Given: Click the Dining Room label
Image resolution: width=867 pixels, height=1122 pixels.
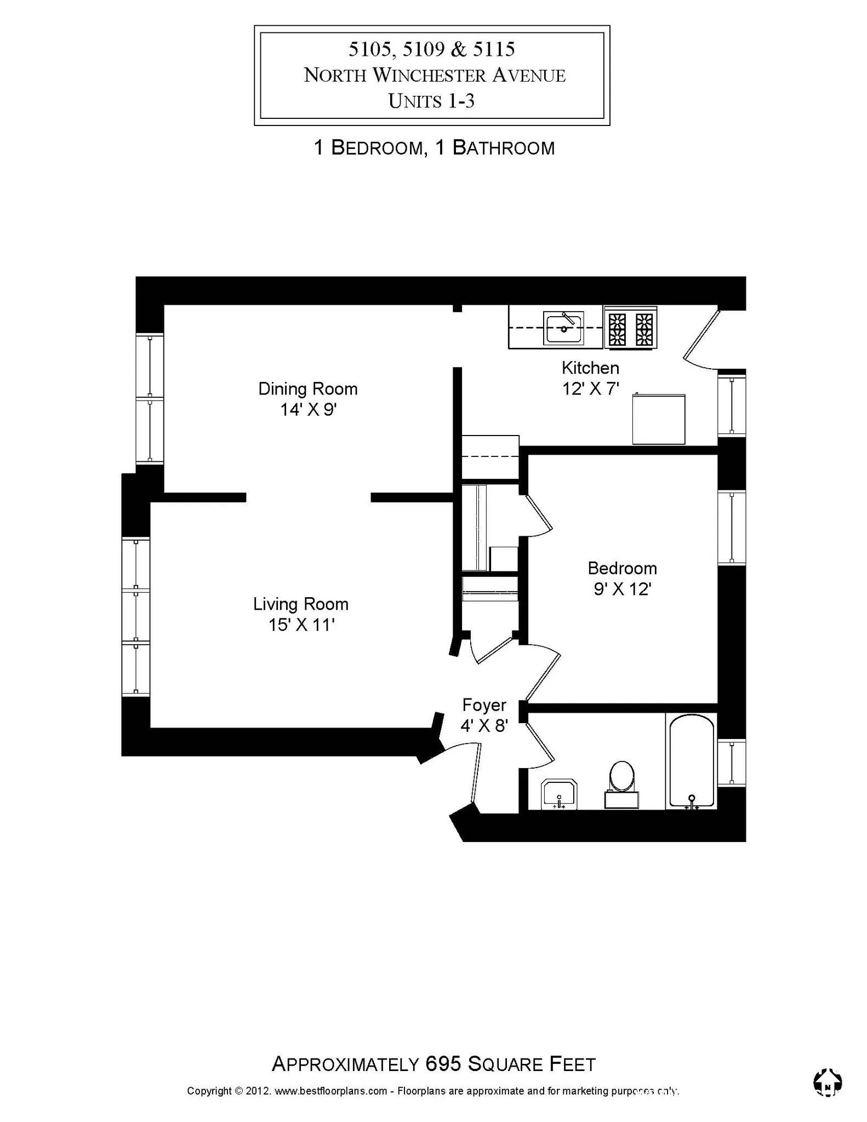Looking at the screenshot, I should (x=307, y=389).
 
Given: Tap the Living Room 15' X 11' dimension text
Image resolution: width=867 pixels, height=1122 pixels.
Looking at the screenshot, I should (x=301, y=625).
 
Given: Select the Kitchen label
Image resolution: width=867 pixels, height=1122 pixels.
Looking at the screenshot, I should (x=590, y=368).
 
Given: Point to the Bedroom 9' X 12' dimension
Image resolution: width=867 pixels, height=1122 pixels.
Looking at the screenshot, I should (x=622, y=589).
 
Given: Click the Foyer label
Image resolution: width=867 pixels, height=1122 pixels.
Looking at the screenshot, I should (x=484, y=705).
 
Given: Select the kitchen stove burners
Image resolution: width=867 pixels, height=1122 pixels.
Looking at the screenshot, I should (x=630, y=328).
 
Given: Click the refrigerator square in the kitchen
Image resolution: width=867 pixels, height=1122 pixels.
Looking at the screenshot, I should (x=659, y=419).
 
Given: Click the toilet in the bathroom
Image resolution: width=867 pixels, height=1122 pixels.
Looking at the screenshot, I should (x=621, y=780).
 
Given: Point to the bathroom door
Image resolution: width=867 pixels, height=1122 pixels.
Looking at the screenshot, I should (x=539, y=745).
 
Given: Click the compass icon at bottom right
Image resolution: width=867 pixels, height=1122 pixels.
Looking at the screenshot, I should (x=827, y=1081).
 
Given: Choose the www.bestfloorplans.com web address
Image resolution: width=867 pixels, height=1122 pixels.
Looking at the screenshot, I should (x=330, y=1090).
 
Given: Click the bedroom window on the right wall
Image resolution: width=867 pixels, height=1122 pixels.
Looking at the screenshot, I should (x=732, y=528).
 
